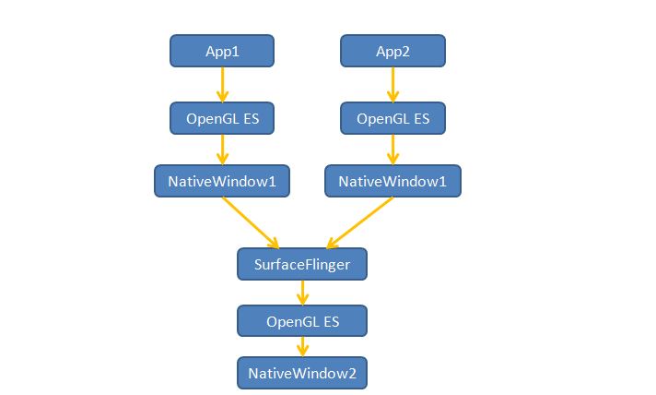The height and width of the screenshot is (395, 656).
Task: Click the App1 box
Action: [x=222, y=51]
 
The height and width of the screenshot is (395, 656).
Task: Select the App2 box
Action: [x=392, y=51]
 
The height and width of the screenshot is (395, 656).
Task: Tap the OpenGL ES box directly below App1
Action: [x=222, y=118]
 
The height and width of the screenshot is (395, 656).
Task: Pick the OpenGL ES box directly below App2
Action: [x=392, y=118]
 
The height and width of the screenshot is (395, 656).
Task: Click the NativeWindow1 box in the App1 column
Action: [x=222, y=181]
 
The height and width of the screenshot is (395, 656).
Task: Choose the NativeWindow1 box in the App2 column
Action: [x=392, y=181]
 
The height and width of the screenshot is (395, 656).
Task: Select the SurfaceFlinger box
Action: [x=302, y=264]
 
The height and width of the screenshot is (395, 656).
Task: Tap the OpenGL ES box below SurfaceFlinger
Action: [x=302, y=321]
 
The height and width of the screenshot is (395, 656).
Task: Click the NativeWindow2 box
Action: [x=302, y=373]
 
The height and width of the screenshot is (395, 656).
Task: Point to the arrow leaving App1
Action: [x=222, y=85]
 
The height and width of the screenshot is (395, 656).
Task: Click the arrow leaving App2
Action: [x=392, y=85]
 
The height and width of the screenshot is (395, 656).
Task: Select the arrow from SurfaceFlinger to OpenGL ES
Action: [x=302, y=293]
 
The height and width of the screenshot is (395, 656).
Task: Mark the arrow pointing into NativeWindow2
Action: [x=302, y=347]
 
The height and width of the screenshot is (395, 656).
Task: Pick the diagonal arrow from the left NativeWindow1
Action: [x=251, y=222]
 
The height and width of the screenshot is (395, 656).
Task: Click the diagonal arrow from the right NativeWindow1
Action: [x=360, y=222]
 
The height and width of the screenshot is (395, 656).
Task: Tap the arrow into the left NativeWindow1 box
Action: [x=222, y=150]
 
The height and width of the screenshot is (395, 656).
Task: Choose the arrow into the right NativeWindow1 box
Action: [x=392, y=150]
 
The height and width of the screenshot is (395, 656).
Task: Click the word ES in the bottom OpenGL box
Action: [x=331, y=322]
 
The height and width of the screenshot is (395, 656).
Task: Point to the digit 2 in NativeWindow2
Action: [x=352, y=373]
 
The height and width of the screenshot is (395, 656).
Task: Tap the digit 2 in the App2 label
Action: [x=405, y=52]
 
